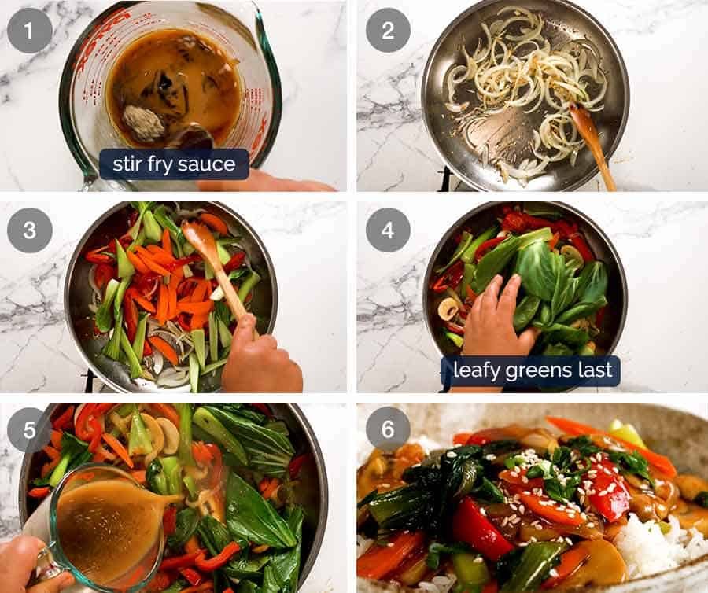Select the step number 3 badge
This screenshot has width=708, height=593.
point(30,230)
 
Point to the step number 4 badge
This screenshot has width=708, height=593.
point(388,230)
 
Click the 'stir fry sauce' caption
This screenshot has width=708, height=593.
point(174,164)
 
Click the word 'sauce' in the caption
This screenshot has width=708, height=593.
point(208,164)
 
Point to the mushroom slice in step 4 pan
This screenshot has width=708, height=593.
point(448,308)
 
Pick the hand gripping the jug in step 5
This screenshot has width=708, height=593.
point(28,562)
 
